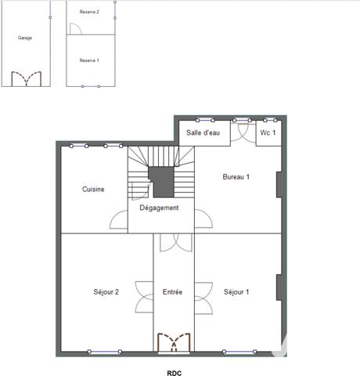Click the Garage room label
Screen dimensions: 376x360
tap(25, 38)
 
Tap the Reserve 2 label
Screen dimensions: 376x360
tap(89, 13)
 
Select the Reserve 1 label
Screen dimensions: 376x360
tap(89, 60)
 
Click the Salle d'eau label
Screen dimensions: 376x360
tap(202, 133)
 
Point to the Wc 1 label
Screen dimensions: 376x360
tap(268, 133)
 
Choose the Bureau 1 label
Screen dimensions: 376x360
tap(236, 177)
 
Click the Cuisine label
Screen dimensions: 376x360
tap(93, 189)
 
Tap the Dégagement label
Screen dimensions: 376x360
tap(160, 208)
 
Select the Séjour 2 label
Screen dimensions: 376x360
tap(106, 292)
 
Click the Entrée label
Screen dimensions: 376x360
tap(172, 292)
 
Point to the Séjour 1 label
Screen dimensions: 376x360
tap(236, 292)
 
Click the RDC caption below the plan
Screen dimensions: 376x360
tap(174, 374)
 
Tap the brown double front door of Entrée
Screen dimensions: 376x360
tap(173, 342)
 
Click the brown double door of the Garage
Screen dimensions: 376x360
tap(26, 78)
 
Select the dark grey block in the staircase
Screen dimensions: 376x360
tap(162, 181)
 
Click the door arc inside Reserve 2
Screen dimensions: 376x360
tap(75, 28)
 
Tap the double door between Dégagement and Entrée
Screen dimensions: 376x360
tap(172, 242)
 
